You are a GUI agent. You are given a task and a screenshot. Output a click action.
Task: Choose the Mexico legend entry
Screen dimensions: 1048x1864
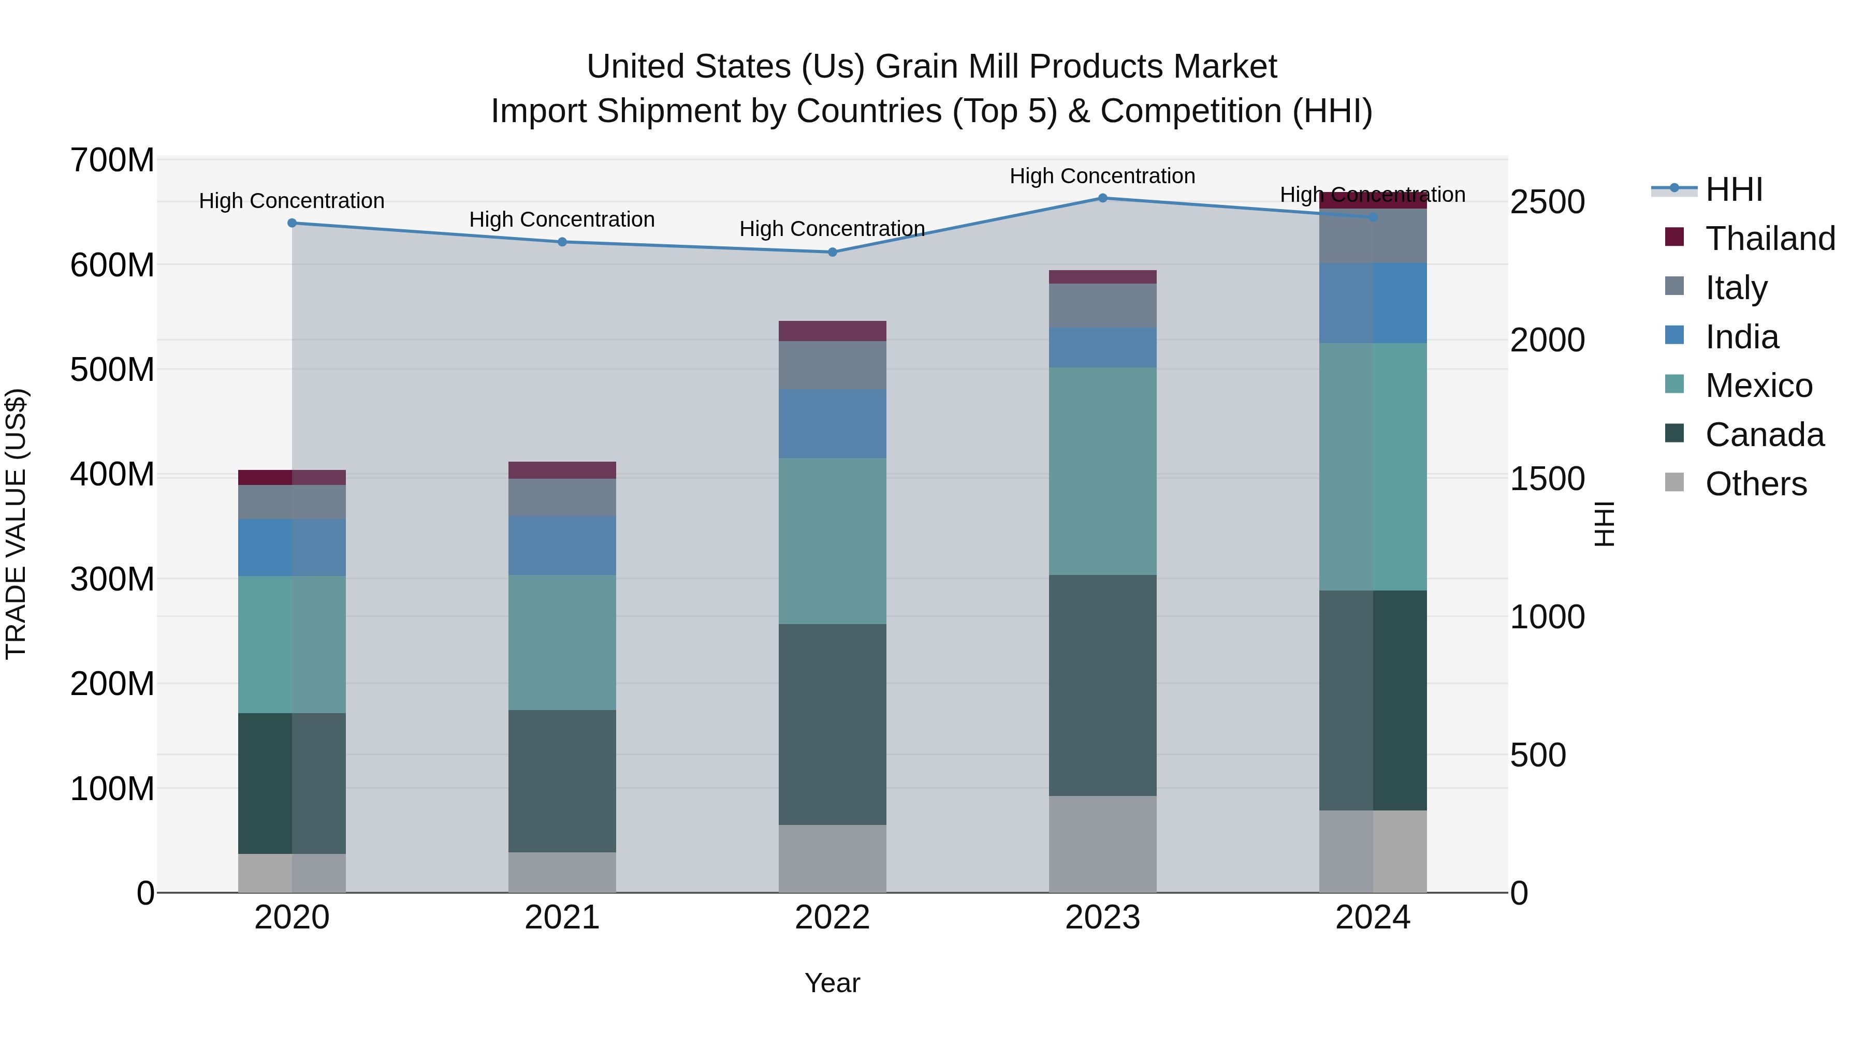coord(1758,386)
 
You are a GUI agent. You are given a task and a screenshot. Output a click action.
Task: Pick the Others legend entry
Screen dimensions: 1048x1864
coord(1755,484)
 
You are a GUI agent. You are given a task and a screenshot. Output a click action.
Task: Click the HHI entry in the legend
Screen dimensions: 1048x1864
coord(1733,189)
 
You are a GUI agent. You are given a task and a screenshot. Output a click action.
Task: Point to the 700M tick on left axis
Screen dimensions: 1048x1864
coord(112,160)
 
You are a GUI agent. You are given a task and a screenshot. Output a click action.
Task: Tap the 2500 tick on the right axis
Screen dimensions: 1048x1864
coord(1547,202)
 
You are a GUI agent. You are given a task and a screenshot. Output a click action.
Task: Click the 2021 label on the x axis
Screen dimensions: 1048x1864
coord(562,918)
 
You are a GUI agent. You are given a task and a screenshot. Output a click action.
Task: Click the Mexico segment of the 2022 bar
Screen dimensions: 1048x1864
coord(832,541)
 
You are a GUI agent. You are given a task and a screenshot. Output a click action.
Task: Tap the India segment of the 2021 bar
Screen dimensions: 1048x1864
coord(562,545)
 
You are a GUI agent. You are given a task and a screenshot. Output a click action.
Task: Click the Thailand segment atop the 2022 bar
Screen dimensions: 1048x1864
coord(832,331)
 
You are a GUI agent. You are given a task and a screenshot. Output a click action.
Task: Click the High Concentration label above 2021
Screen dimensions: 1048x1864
coord(562,219)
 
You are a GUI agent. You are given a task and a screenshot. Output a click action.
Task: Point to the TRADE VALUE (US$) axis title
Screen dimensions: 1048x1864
coord(17,524)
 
